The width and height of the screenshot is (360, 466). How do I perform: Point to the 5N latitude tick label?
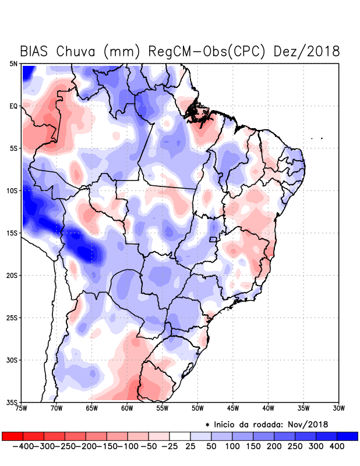coord(13,64)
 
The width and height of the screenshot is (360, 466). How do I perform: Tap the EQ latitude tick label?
coord(13,106)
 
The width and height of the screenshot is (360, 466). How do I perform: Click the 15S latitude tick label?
coord(12,233)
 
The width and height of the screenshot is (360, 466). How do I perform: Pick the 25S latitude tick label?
coord(12,317)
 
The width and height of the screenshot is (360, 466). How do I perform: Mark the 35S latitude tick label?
coord(12,402)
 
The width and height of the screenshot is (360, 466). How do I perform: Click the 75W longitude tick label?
coord(22,408)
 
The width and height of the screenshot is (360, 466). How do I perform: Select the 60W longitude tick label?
coord(128,408)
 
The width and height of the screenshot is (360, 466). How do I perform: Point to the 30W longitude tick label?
coord(338,408)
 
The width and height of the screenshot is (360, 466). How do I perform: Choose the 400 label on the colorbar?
coord(336,446)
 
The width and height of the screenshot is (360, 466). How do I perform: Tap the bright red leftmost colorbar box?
coord(12,436)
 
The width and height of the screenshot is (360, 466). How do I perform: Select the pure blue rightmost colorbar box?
coord(347,436)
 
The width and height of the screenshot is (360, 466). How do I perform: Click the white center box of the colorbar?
coord(180,436)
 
